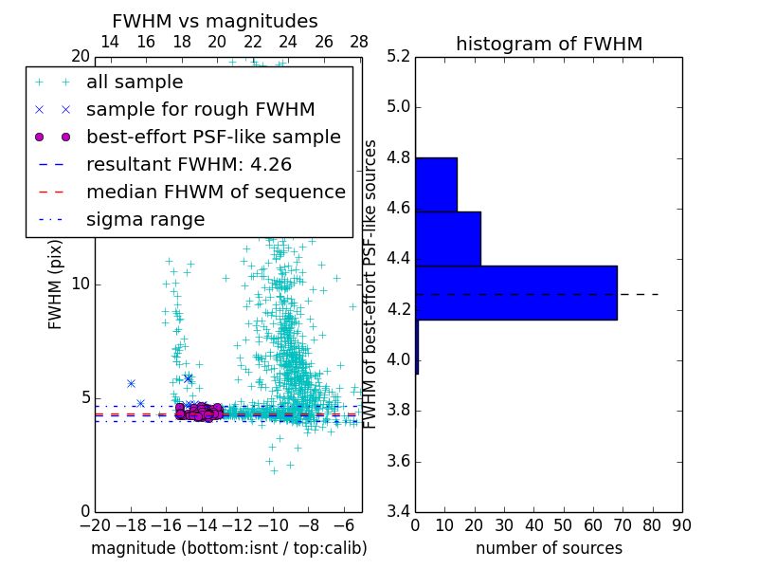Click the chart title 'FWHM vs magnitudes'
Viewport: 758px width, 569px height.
pos(214,21)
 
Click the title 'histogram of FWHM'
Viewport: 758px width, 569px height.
pos(549,44)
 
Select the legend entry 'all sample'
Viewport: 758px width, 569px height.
pos(135,83)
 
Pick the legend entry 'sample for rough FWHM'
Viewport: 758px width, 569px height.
pos(200,109)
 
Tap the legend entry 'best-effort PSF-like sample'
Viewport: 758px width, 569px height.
pos(213,137)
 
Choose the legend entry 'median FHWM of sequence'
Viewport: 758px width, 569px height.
pos(215,192)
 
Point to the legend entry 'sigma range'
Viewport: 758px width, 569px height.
pos(145,219)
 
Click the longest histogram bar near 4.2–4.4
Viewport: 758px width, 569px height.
pos(515,292)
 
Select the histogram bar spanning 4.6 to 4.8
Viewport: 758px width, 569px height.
pos(436,184)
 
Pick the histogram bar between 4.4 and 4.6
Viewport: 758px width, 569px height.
pos(447,238)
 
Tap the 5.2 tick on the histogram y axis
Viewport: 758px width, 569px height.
pos(398,56)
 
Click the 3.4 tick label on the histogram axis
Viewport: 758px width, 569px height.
pos(398,512)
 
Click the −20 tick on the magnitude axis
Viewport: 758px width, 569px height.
pos(95,525)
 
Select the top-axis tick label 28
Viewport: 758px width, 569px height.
pos(359,42)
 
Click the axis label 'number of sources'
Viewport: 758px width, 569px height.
pos(549,548)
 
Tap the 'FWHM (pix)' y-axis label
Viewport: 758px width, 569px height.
pos(56,284)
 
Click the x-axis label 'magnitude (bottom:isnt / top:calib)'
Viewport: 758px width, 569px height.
pos(228,548)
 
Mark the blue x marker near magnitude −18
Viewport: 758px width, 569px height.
pos(131,383)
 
